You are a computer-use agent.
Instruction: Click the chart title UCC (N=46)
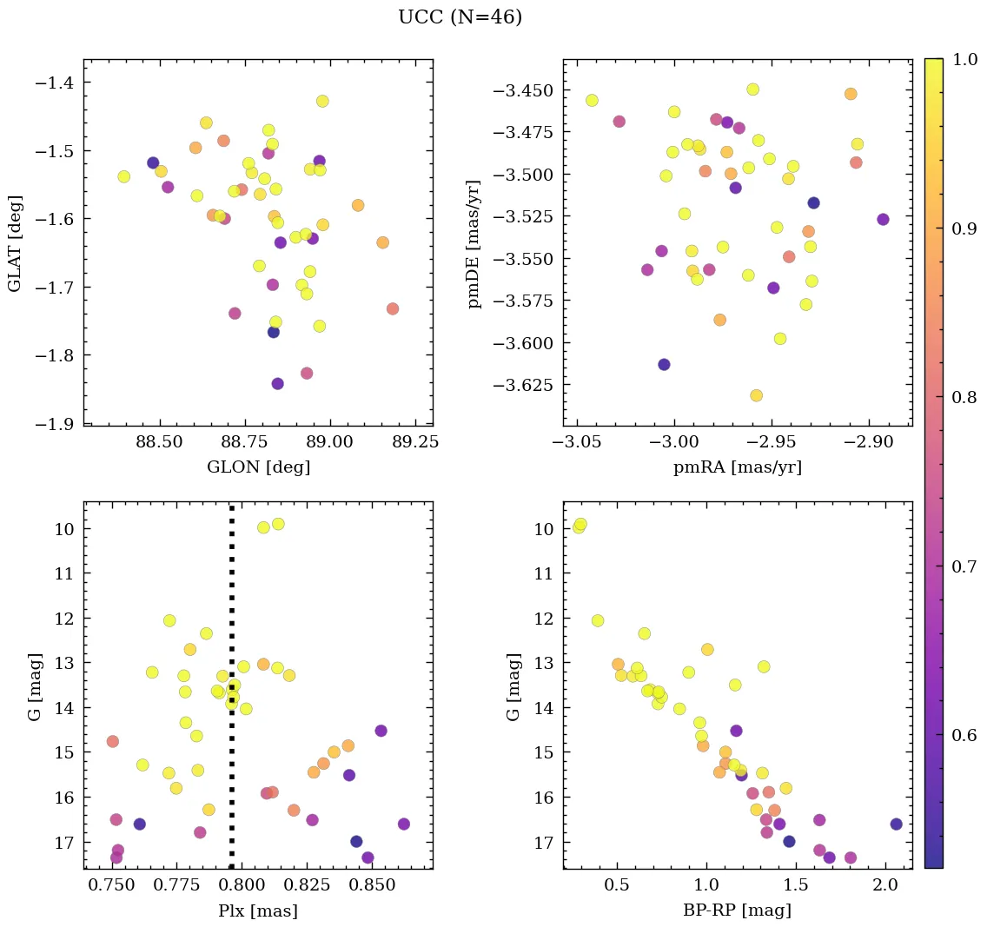[460, 17]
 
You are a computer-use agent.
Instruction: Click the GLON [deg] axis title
[258, 467]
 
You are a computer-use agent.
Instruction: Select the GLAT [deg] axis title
[15, 243]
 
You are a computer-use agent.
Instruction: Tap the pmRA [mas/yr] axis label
[737, 467]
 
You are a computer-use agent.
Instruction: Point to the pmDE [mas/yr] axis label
[474, 242]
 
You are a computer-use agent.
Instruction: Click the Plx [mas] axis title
[258, 910]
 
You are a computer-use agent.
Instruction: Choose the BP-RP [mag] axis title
[737, 910]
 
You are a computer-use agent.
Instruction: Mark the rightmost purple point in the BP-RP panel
[897, 824]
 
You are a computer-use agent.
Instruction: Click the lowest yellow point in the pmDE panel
[756, 395]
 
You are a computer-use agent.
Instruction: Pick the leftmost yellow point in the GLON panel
[123, 176]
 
